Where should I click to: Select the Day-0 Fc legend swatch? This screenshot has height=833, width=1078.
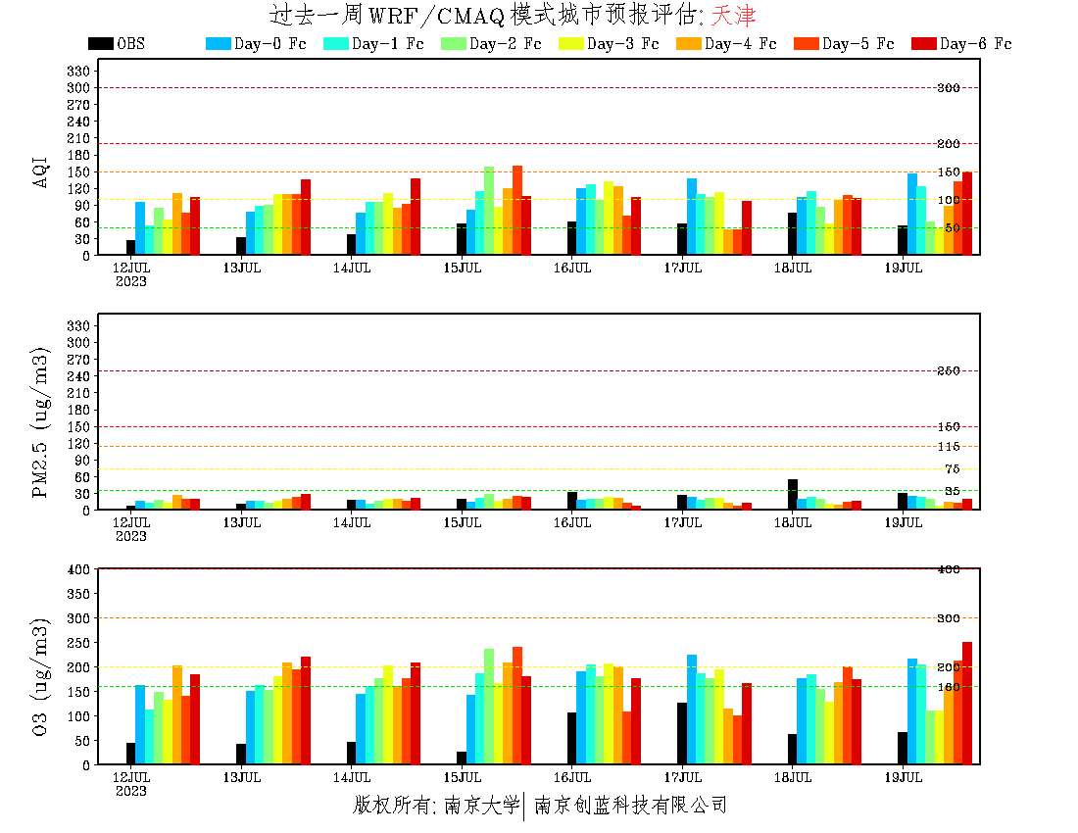pyautogui.click(x=218, y=44)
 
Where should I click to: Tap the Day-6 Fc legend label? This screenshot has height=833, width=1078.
pyautogui.click(x=975, y=44)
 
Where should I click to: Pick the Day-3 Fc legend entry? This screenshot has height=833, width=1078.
pyautogui.click(x=622, y=44)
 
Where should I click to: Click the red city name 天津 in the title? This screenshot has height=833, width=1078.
pyautogui.click(x=733, y=16)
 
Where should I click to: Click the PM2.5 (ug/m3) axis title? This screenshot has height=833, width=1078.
pyautogui.click(x=41, y=421)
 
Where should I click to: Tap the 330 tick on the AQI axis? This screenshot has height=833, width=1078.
pyautogui.click(x=79, y=71)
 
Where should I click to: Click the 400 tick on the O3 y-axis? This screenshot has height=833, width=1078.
pyautogui.click(x=79, y=568)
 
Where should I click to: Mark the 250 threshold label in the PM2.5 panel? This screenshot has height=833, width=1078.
pyautogui.click(x=948, y=370)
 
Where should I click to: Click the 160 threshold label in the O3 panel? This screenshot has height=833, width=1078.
pyautogui.click(x=948, y=687)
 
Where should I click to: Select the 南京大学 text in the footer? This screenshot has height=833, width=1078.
pyautogui.click(x=481, y=806)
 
